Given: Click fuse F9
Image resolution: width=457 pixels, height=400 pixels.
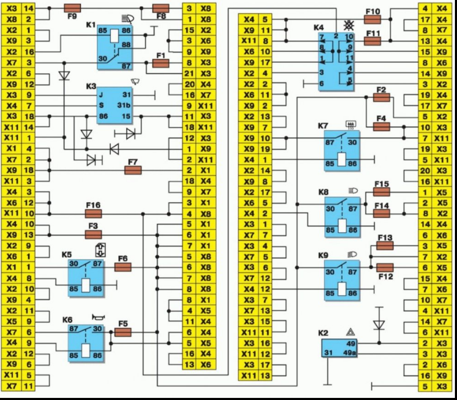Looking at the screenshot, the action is (x=72, y=8).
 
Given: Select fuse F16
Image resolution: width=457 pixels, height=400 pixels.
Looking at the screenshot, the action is (x=93, y=214).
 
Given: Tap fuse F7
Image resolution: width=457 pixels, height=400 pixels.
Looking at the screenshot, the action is (x=133, y=170).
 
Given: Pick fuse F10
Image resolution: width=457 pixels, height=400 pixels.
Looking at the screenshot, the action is (x=373, y=19).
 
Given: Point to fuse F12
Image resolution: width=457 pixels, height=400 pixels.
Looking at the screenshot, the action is (x=385, y=268).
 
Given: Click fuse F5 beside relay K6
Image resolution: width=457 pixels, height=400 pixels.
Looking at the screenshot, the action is (x=122, y=332).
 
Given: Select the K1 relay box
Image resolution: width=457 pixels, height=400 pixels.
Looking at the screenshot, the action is (x=115, y=48).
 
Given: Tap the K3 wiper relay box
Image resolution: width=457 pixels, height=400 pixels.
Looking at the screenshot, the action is (x=115, y=106).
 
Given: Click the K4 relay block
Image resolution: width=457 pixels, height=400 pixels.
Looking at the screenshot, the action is (x=336, y=61).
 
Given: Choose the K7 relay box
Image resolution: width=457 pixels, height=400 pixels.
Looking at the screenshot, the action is (x=342, y=151).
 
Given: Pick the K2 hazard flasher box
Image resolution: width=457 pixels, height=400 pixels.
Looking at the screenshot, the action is (x=339, y=348).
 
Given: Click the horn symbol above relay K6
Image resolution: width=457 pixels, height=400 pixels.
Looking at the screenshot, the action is (x=98, y=317).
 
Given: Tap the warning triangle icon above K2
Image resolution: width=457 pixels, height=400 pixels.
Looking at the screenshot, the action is (x=350, y=332).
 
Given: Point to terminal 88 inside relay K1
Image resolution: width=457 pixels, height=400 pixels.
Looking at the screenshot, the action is (x=126, y=45).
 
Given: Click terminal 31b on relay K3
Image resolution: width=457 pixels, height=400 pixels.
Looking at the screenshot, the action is (x=124, y=106).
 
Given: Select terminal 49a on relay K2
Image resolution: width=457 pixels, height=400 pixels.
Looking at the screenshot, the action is (x=350, y=353).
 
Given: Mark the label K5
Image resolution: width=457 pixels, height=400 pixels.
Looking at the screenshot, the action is (x=66, y=255).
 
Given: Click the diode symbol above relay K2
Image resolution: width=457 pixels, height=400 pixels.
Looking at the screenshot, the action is (x=379, y=325).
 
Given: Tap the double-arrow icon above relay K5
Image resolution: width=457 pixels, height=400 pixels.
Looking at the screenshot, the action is (x=101, y=250).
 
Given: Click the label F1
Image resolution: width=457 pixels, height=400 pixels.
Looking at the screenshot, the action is (x=161, y=55).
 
